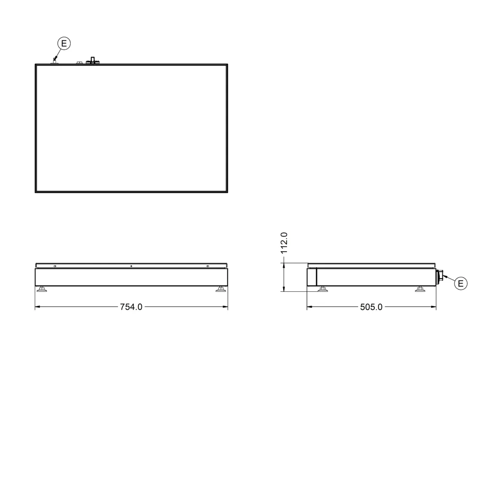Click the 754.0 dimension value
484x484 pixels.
pos(131,307)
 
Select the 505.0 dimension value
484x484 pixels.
pos(371,307)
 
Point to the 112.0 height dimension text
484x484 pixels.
pos(284,243)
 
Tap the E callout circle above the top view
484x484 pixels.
pos(64,43)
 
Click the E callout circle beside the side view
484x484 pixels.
pos(461,283)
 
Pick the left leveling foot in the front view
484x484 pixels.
pos(42,289)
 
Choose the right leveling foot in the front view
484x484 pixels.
pos(220,289)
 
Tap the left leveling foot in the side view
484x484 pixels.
pos(322,289)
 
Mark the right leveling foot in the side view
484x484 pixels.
pos(420,289)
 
